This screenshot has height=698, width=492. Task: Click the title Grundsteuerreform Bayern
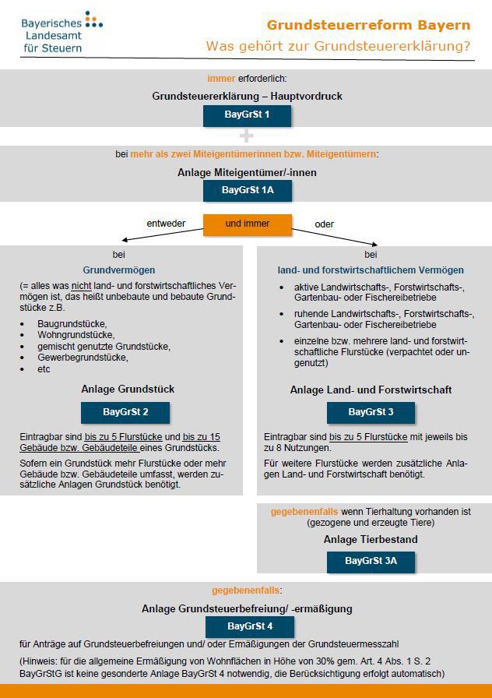tap(368, 24)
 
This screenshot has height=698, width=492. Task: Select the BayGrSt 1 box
tap(247, 116)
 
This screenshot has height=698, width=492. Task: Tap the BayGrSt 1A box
tap(247, 190)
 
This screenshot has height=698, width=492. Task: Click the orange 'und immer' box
tap(247, 224)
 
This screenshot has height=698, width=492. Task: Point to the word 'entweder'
tap(166, 224)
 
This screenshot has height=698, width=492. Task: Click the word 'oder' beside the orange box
tap(324, 224)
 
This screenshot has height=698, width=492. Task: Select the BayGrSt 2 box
tap(125, 412)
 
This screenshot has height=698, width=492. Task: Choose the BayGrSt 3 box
tap(371, 412)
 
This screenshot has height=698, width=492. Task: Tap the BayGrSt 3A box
tap(371, 562)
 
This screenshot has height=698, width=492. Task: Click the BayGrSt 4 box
tap(249, 626)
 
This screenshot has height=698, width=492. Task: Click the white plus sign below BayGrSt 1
tap(247, 136)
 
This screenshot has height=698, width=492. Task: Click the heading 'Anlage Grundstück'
tap(128, 389)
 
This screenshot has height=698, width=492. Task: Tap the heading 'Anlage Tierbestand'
tap(371, 539)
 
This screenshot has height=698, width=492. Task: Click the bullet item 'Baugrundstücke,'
tap(72, 323)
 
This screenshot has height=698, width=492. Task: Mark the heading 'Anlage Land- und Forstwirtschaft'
tap(371, 390)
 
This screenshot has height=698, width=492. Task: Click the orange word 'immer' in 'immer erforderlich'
tap(221, 79)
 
